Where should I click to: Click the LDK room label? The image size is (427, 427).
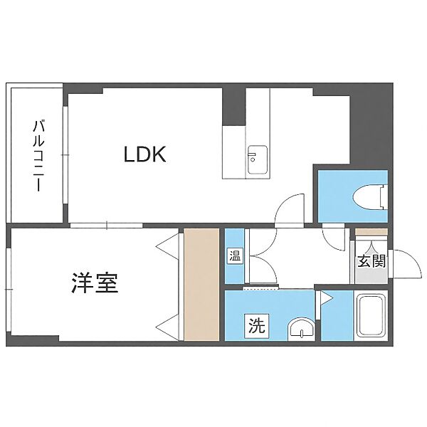145,154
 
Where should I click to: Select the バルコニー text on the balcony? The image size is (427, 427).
36,156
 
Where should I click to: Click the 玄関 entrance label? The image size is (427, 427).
370,260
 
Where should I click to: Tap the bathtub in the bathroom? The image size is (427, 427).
371,316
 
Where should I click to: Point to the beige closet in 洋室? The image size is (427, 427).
201,284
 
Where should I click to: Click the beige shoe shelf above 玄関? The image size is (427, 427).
370,232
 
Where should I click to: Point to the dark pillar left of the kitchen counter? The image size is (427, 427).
233,107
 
